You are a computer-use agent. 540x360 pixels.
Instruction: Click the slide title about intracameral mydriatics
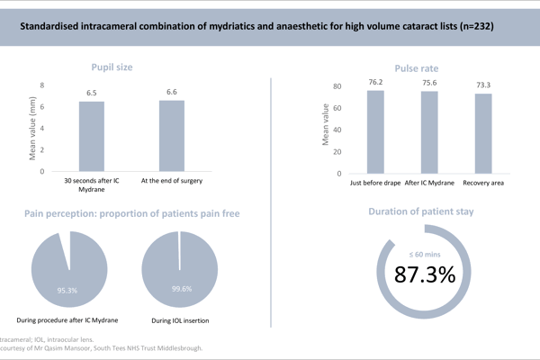[x=270, y=28]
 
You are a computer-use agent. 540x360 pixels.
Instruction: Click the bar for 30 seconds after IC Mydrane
[x=92, y=136]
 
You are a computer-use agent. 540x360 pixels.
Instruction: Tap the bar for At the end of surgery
[x=172, y=135]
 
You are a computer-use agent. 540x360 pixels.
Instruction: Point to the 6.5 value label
[x=92, y=93]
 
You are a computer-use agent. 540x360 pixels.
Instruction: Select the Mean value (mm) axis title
[x=32, y=128]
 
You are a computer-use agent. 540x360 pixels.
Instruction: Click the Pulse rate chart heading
[x=418, y=67]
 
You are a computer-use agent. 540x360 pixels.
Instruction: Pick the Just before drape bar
[x=374, y=130]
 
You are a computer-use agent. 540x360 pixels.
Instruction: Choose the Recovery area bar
[x=483, y=132]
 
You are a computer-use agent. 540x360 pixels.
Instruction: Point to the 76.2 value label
[x=374, y=83]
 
